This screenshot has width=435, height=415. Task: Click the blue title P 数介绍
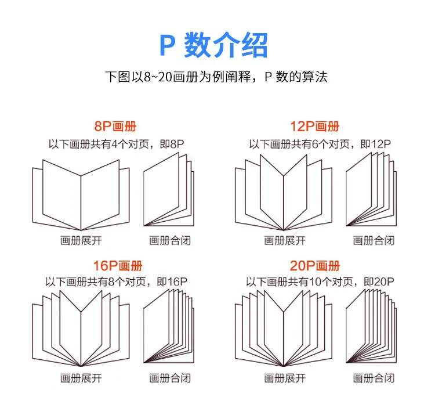pyautogui.click(x=213, y=45)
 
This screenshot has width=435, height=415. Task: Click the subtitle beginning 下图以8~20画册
pyautogui.click(x=216, y=77)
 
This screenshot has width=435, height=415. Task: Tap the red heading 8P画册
pyautogui.click(x=115, y=127)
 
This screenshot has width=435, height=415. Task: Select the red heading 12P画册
pyautogui.click(x=314, y=127)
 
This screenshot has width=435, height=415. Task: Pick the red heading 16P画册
pyautogui.click(x=118, y=266)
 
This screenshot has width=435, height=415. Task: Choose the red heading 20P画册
pyautogui.click(x=315, y=266)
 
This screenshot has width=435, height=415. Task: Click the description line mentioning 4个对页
pyautogui.click(x=116, y=144)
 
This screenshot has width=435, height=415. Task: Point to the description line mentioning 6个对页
pyautogui.click(x=320, y=144)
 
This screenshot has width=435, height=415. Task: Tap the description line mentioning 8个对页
pyautogui.click(x=116, y=282)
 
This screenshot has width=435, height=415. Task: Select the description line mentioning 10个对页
pyautogui.click(x=320, y=282)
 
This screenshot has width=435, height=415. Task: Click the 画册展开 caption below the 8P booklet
pyautogui.click(x=81, y=240)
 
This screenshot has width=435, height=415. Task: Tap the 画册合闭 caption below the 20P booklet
pyautogui.click(x=374, y=378)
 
